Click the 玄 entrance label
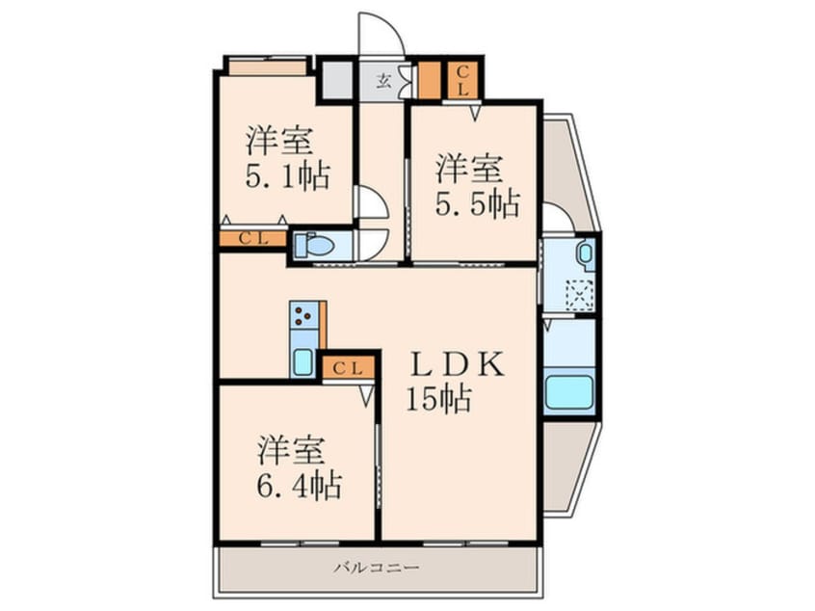pos(383,81)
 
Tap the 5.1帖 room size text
pos(287,176)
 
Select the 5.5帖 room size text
pos(477,204)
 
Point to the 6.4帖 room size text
pos(300,487)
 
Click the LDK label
pos(457,364)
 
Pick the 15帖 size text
pos(438,399)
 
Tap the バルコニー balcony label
pos(377,567)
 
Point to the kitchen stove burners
pos(303,314)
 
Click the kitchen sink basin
pos(303,362)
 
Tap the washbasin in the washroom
pos(586,253)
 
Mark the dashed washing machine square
pos(580,295)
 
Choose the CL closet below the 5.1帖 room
pos(252,239)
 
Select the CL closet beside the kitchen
pos(348,368)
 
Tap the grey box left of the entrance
pos(338,80)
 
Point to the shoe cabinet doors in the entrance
pos(406,81)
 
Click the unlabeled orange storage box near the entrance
pos(430,81)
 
